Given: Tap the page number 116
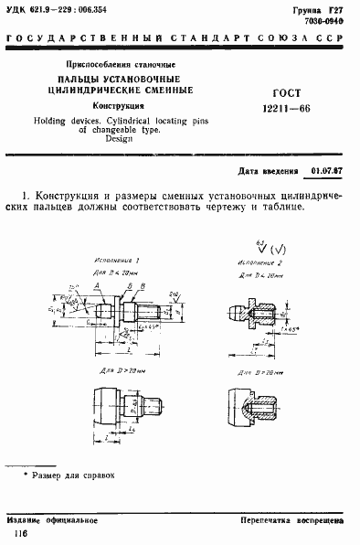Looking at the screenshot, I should (18, 532).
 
